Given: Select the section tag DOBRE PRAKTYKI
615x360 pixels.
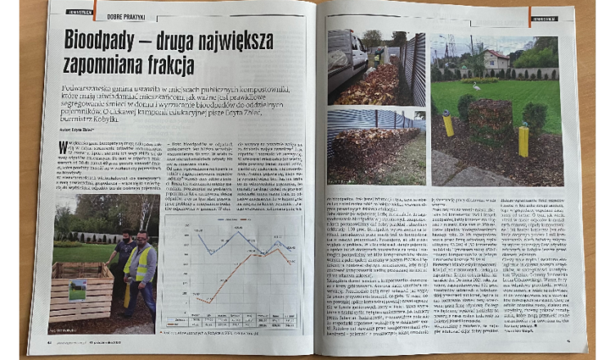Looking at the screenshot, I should point(122,15).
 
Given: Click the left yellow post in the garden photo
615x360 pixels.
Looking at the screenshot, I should point(447,123).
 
